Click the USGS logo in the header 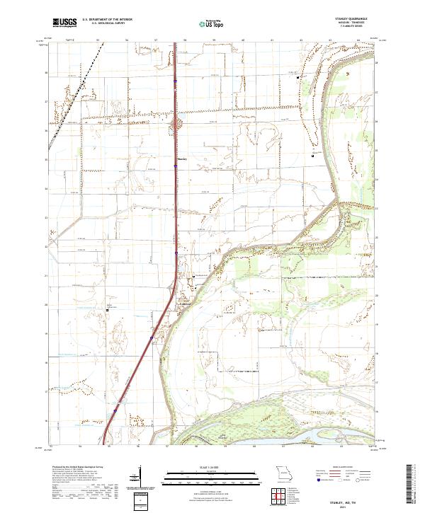coord(64,23)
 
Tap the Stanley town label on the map coord(181,158)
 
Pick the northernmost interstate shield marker coord(176,83)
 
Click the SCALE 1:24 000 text coord(212,468)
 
